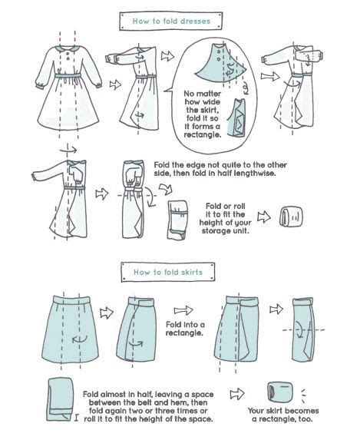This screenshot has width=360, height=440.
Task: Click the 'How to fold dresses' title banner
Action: (x=171, y=21)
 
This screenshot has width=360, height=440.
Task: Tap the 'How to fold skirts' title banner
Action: (x=168, y=272)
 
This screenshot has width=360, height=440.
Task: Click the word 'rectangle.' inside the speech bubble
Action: (x=203, y=134)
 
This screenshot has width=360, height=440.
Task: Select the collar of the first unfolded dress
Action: (x=68, y=48)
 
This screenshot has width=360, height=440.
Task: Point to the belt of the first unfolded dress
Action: (x=68, y=76)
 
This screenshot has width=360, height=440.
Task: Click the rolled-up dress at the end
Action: (x=292, y=217)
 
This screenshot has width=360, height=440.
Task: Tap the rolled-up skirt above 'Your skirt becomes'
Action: (x=281, y=391)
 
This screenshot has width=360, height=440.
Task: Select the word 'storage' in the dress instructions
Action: (x=215, y=231)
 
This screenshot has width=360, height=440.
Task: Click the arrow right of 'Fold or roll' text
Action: (x=264, y=217)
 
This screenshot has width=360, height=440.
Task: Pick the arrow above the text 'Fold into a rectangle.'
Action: (x=183, y=310)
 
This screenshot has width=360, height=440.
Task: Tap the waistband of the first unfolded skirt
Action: (x=71, y=299)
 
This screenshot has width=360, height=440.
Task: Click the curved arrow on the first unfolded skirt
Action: (x=80, y=339)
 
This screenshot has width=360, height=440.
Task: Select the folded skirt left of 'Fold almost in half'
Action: (x=60, y=399)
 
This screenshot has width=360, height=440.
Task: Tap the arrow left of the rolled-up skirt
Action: (x=237, y=394)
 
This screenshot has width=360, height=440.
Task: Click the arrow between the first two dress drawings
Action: (x=115, y=84)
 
